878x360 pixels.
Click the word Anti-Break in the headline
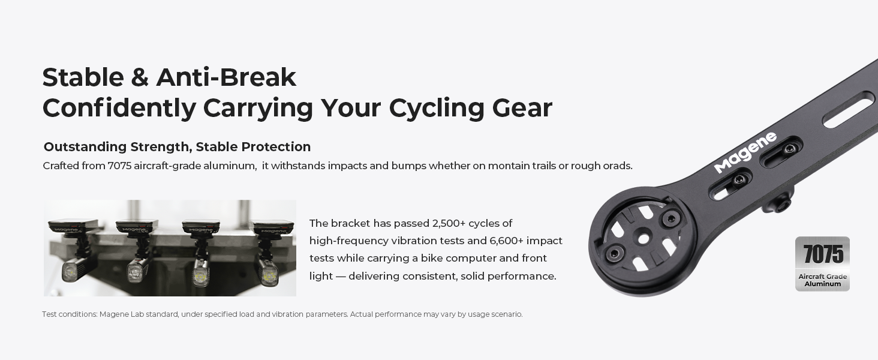(226, 77)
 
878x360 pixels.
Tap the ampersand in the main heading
(140, 77)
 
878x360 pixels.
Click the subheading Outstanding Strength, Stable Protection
(177, 146)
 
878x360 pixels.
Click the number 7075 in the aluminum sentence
(119, 166)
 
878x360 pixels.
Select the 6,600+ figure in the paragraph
(506, 241)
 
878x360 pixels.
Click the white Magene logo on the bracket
(745, 152)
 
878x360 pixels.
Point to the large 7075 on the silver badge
(823, 254)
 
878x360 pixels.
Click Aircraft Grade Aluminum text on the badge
(823, 280)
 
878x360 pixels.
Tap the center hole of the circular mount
(643, 239)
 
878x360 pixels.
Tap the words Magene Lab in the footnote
(122, 314)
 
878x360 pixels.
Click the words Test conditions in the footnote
(70, 314)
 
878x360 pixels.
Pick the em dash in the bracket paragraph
(341, 276)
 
